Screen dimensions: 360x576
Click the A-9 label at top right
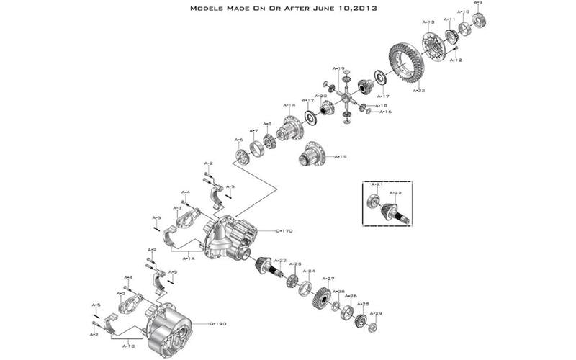[x=480, y=4]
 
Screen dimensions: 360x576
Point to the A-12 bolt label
[x=456, y=60]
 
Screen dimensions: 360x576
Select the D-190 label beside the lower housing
[x=218, y=324]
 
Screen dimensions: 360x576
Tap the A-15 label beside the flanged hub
[x=341, y=156]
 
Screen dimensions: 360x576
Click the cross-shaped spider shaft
[x=346, y=97]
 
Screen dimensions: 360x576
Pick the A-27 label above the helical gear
[x=328, y=278]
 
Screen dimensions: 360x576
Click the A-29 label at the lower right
[x=377, y=313]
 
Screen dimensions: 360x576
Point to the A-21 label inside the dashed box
[x=374, y=185]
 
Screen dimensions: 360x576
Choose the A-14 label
[x=289, y=105]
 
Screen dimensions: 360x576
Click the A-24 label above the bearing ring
[x=308, y=271]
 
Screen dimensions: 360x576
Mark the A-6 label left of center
[x=238, y=140]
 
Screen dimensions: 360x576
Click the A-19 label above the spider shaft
[x=338, y=68]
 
